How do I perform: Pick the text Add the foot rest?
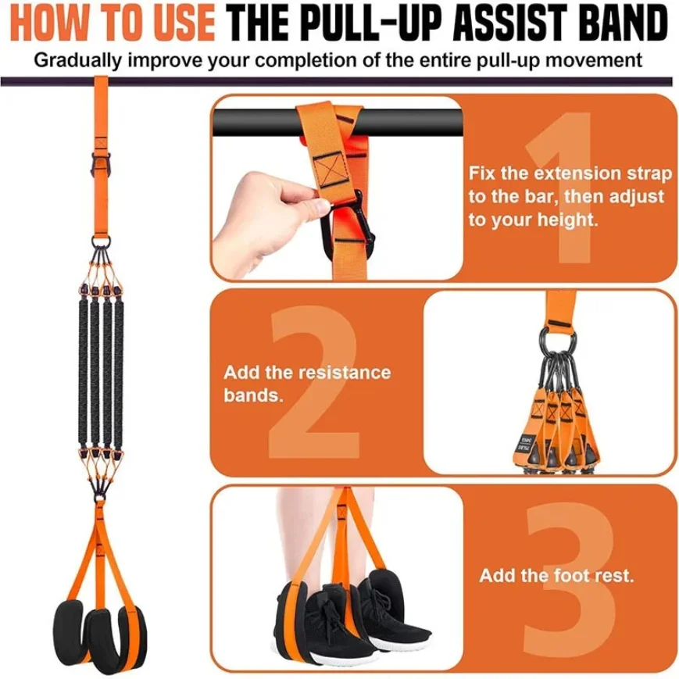pos(556,577)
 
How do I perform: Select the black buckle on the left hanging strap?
pos(103,165)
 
